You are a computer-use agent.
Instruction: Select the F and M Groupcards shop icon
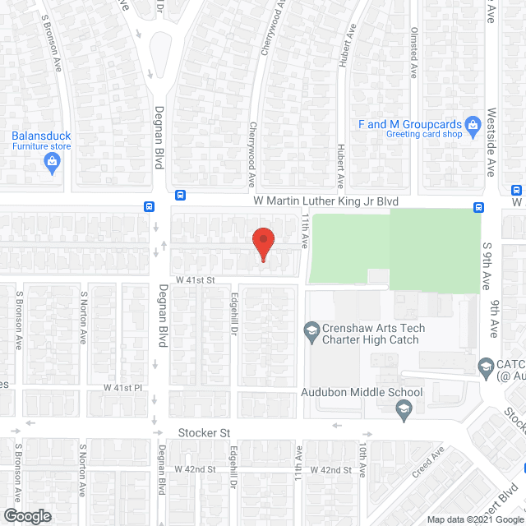(472, 126)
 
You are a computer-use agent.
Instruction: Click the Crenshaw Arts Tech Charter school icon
(311, 332)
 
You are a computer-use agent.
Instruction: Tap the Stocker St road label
(202, 432)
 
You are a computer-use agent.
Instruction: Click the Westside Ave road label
(491, 141)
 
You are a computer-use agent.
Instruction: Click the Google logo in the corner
(26, 516)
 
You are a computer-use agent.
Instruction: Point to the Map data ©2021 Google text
(474, 519)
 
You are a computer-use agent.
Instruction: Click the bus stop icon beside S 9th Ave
(478, 207)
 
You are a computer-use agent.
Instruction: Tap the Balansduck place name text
(41, 136)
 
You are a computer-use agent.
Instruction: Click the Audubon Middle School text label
(362, 392)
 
